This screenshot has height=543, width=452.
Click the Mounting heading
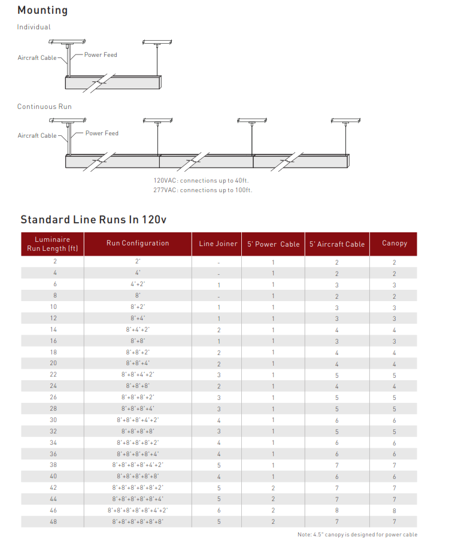(x=42, y=10)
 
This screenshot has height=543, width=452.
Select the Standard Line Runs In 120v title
(x=93, y=219)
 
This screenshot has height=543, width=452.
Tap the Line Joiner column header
(x=218, y=244)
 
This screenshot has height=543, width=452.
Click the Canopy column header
(x=394, y=243)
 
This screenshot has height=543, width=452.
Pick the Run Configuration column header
(x=138, y=243)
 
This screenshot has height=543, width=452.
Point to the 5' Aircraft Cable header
(x=337, y=244)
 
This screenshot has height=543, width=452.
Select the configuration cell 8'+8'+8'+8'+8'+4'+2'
(x=138, y=510)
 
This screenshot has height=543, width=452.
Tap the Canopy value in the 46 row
(x=394, y=510)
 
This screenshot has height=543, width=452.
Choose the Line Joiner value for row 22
(x=219, y=375)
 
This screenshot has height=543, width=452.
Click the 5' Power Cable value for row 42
(x=273, y=487)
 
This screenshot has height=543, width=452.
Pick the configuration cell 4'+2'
(x=138, y=284)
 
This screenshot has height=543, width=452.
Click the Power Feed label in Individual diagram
(x=101, y=55)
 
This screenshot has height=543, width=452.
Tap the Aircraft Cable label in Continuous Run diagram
(x=37, y=136)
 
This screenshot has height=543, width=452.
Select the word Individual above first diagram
(x=34, y=27)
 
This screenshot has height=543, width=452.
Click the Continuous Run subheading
(x=44, y=107)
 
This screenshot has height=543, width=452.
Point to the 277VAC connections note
(x=203, y=190)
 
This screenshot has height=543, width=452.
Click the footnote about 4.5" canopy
(x=357, y=535)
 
